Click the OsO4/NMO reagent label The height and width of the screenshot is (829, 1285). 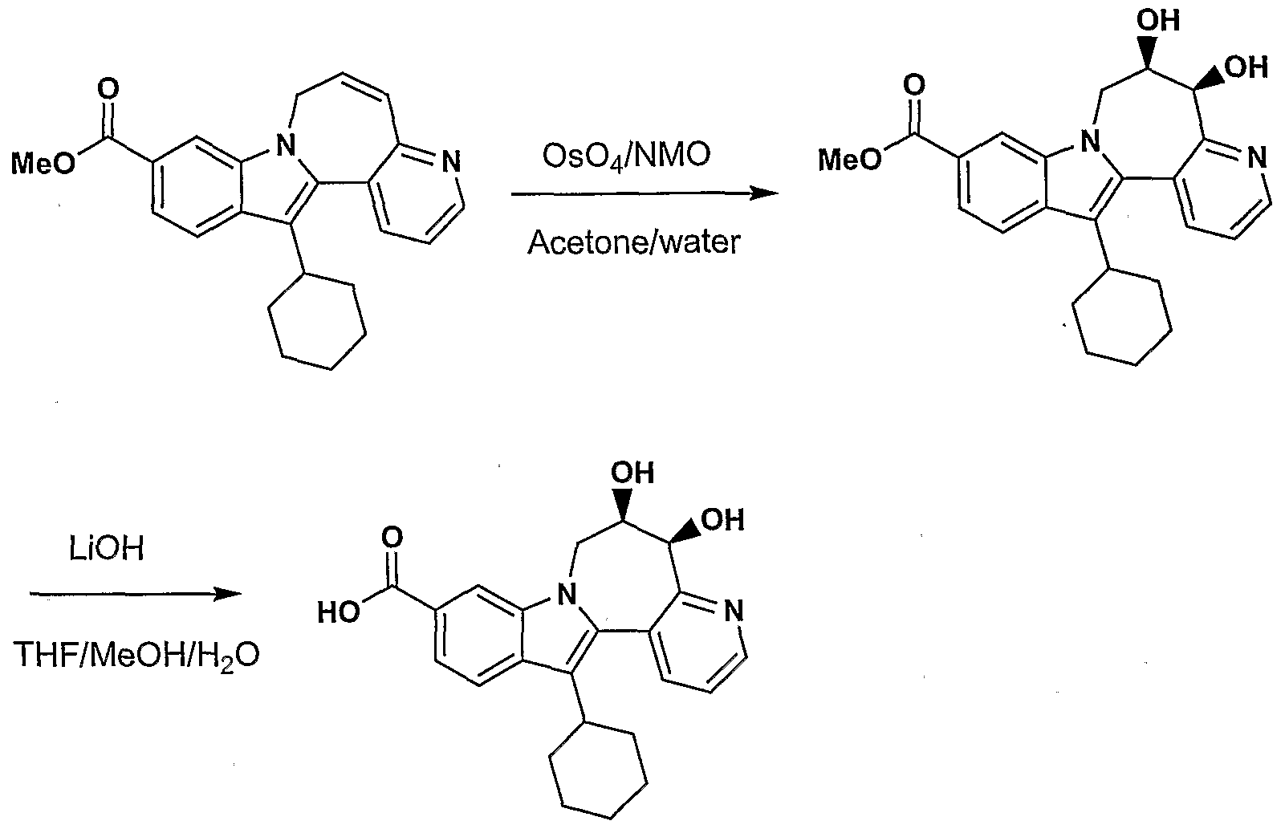click(626, 156)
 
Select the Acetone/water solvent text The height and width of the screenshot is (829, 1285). click(634, 242)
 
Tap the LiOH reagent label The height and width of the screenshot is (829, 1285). click(107, 549)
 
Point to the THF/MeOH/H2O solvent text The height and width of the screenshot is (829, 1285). click(136, 656)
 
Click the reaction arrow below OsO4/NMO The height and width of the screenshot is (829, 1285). click(645, 194)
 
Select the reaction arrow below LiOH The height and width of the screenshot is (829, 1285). click(136, 595)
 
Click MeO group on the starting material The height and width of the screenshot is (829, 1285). click(43, 164)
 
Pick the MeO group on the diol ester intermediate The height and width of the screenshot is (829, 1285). click(850, 159)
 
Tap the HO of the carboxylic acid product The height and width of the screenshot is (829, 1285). click(339, 612)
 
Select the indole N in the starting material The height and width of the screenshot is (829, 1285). click(285, 144)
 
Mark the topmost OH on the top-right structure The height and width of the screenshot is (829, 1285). click(1158, 21)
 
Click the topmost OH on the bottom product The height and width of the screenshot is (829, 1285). click(632, 473)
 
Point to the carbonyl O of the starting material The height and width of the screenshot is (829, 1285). click(108, 90)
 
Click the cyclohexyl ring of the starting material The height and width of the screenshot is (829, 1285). click(317, 322)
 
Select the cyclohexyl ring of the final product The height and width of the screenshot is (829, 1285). click(598, 771)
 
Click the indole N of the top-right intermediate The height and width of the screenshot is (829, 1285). click(1091, 140)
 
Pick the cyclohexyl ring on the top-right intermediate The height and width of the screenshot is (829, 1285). click(1122, 318)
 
